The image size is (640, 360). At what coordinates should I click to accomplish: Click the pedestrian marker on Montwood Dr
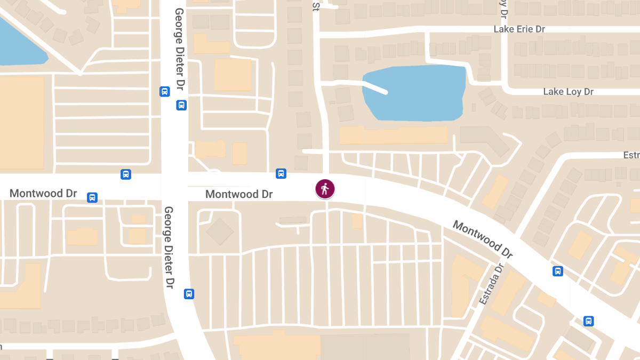pyautogui.click(x=325, y=189)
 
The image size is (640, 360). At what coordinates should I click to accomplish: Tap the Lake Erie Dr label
pyautogui.click(x=519, y=29)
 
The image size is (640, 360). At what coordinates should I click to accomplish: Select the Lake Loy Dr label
pyautogui.click(x=568, y=92)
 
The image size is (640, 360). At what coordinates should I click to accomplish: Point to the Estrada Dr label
pyautogui.click(x=491, y=284)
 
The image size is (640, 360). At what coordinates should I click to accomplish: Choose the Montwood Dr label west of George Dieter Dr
pyautogui.click(x=43, y=193)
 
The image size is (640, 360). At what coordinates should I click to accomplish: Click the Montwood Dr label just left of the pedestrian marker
pyautogui.click(x=239, y=194)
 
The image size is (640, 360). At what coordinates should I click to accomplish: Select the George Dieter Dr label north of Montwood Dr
pyautogui.click(x=180, y=49)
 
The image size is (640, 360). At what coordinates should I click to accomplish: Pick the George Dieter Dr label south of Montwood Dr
pyautogui.click(x=169, y=247)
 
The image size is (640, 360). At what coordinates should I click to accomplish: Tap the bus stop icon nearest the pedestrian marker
pyautogui.click(x=281, y=173)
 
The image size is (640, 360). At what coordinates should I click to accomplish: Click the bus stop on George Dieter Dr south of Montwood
pyautogui.click(x=189, y=294)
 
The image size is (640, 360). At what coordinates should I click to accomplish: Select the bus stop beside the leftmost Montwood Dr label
pyautogui.click(x=92, y=198)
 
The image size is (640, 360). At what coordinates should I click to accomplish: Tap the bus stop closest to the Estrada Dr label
pyautogui.click(x=558, y=271)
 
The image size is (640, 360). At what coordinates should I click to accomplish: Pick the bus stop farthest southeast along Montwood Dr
pyautogui.click(x=589, y=321)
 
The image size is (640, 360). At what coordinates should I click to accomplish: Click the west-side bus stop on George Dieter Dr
pyautogui.click(x=165, y=92)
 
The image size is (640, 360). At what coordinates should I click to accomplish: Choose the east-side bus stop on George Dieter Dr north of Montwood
pyautogui.click(x=181, y=105)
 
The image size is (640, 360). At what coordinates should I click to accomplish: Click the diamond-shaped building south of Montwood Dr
pyautogui.click(x=220, y=231)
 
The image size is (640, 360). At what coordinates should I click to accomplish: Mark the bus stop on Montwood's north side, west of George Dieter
pyautogui.click(x=126, y=174)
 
